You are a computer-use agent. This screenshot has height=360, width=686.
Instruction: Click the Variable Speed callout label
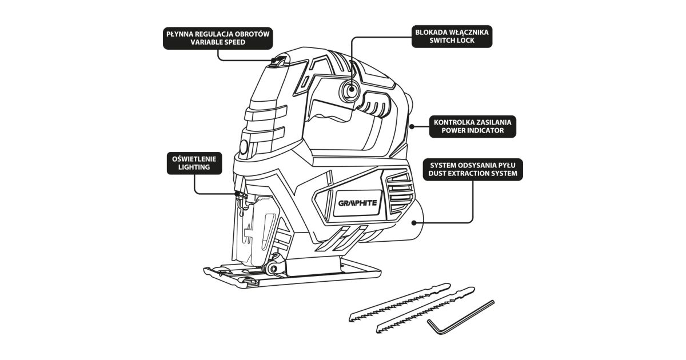click(218, 38)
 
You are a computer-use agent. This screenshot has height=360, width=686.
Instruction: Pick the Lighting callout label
click(194, 162)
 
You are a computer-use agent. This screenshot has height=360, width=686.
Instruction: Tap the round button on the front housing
click(244, 147)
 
